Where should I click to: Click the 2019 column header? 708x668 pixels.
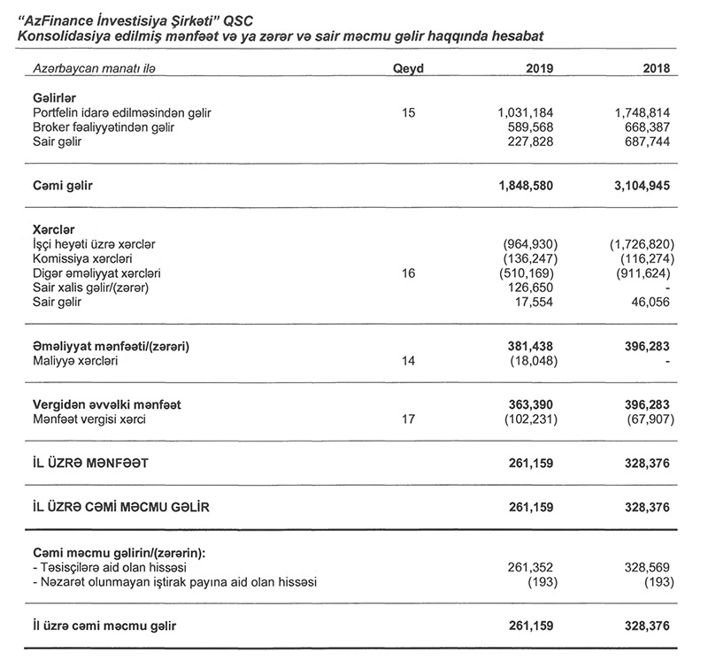tap(538, 68)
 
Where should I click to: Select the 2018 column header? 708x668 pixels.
tap(655, 68)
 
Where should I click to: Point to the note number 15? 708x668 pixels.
tap(408, 112)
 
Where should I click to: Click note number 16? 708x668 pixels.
tap(408, 273)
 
